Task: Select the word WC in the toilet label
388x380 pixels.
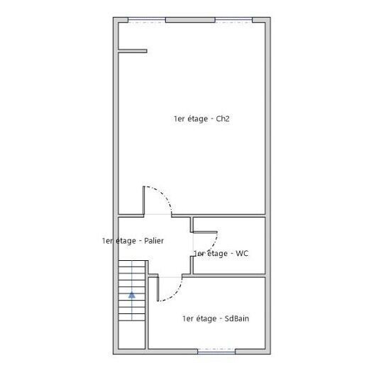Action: tap(241, 253)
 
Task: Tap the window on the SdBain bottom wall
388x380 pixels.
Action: tap(216, 350)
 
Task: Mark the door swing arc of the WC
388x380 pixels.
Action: tap(211, 248)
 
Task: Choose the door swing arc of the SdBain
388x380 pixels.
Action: tap(179, 291)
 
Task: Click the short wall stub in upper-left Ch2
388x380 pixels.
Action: tap(133, 50)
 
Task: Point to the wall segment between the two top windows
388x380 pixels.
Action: tap(190, 21)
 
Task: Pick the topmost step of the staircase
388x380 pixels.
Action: tap(131, 264)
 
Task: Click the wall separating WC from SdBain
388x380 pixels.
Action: tap(228, 275)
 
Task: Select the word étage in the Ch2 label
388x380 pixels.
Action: tap(196, 119)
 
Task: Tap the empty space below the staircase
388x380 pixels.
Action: tap(131, 335)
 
